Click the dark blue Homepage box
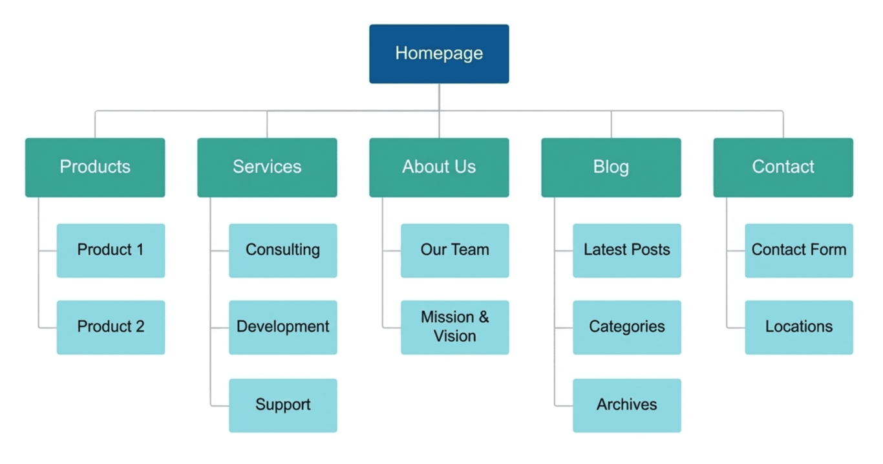point(439,54)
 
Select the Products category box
point(95,167)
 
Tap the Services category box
point(267,167)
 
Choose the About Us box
point(439,167)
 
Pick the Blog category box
point(611,167)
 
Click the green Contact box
point(783,167)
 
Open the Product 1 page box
point(111,250)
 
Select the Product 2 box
point(111,327)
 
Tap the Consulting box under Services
point(282,250)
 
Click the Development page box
point(282,327)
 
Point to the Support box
point(282,405)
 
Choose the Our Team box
point(454,250)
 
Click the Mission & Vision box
point(454,327)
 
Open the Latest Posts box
point(626,250)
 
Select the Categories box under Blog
point(626,327)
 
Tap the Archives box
point(626,405)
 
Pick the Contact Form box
point(798,250)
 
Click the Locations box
point(798,327)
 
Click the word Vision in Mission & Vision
point(454,337)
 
